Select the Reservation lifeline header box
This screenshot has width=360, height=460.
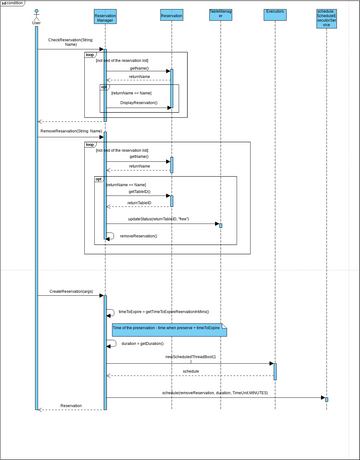171,15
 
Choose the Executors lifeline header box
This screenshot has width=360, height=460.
274,15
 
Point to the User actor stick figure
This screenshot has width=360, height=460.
36,17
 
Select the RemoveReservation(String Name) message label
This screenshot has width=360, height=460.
71,130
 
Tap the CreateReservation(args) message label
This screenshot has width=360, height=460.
71,292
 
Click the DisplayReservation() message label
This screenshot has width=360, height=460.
141,102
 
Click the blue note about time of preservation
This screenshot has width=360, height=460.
169,328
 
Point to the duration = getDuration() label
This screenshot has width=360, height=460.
142,342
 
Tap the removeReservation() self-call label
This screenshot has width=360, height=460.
140,236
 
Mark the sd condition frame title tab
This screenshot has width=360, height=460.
13,3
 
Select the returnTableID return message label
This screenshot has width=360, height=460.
139,202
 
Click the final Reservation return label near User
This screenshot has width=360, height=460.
71,405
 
